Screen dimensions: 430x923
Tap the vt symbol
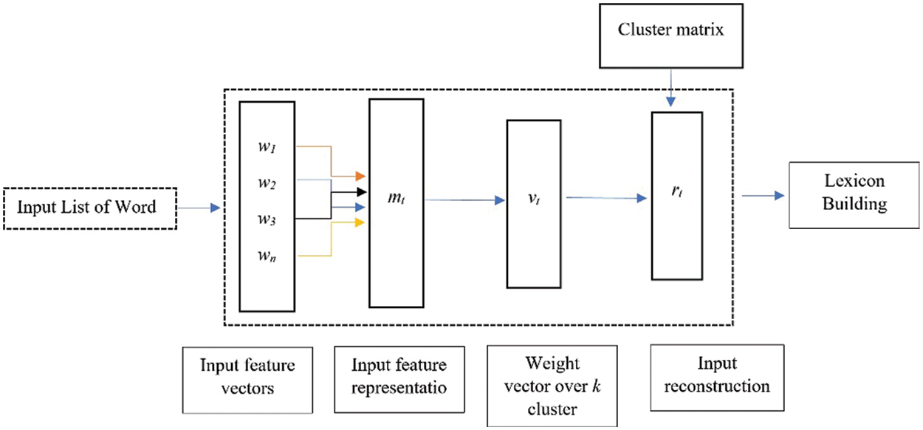534,198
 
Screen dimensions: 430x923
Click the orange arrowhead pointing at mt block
360,177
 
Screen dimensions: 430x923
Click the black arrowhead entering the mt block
360,192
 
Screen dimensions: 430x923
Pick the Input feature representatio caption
399,375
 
